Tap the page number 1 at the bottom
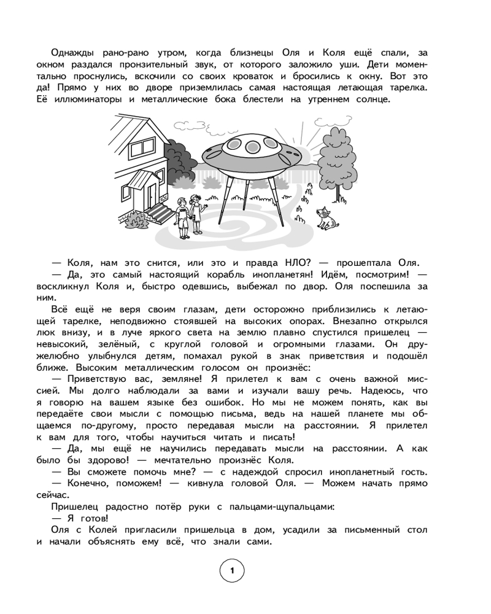tap(231, 572)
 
